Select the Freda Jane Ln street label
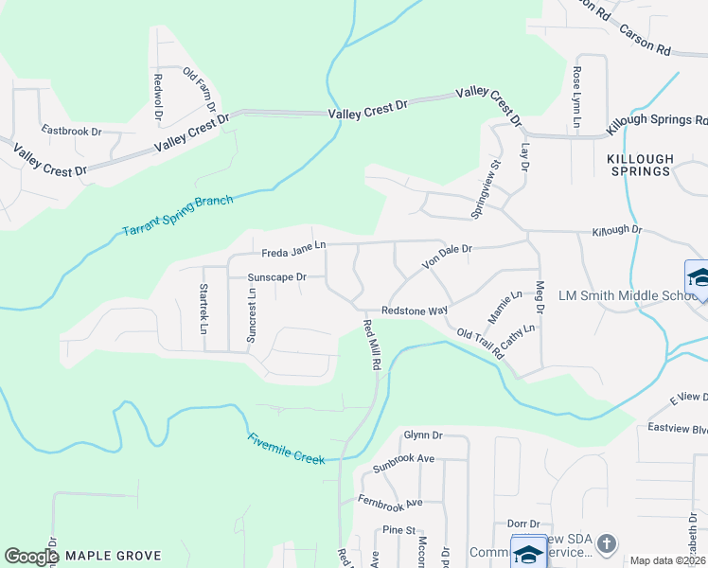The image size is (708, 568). coord(293,249)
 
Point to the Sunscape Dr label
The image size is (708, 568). coord(276,277)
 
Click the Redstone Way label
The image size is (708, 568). coord(414,311)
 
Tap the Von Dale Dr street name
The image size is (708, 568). coord(447,254)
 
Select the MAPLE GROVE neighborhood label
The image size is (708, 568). coord(113,556)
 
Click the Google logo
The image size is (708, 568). coord(31,557)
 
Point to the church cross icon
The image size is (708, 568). coord(607,543)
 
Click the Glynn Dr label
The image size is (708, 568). coord(423,435)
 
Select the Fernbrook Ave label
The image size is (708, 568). coord(389,501)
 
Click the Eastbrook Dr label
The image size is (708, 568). coord(71,131)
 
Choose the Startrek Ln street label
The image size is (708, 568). coord(204,309)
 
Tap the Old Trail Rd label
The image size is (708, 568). coord(480,342)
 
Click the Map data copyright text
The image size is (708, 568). coord(668,560)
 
